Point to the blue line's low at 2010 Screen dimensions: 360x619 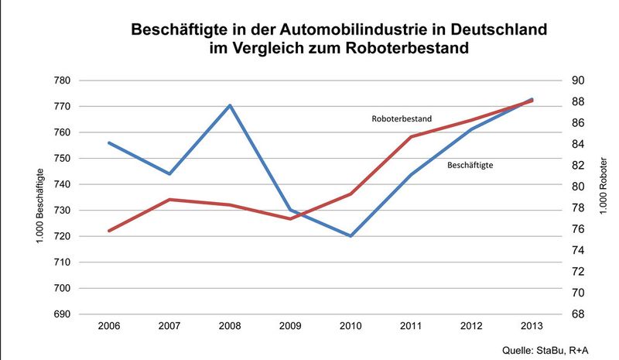[351, 235]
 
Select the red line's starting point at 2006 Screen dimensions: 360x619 [109, 231]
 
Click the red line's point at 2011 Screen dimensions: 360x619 [411, 137]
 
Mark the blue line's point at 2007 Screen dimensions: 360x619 [169, 173]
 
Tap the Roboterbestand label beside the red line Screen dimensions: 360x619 [401, 119]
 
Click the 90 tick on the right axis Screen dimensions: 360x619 [577, 81]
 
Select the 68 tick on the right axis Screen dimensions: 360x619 [577, 314]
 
